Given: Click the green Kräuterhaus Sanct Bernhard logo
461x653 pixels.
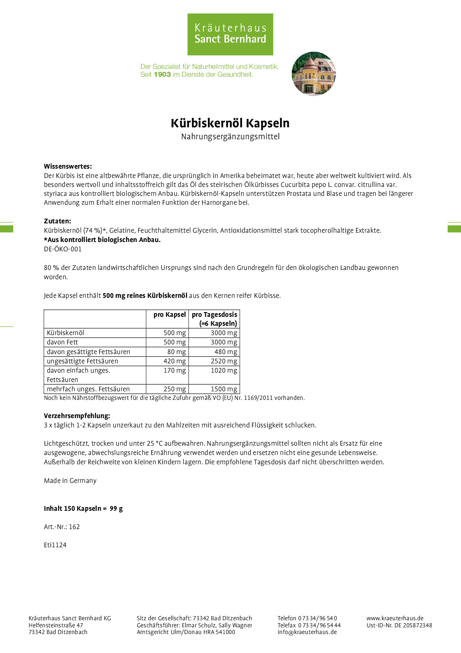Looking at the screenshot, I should [x=230, y=34].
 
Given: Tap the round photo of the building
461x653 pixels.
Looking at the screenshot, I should [x=314, y=74].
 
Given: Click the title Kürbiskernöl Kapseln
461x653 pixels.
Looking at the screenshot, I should [x=230, y=123].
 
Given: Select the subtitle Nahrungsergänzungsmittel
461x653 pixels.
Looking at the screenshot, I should [x=230, y=137].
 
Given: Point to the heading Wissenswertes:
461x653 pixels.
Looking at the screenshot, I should [x=68, y=166].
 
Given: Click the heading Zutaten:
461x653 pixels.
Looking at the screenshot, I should [x=57, y=221].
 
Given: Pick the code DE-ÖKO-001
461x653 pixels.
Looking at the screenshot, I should [x=62, y=249].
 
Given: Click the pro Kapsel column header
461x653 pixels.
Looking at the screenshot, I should [x=170, y=315].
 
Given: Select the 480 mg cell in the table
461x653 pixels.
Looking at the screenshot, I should [x=225, y=352].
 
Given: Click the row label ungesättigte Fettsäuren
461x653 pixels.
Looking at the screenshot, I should [x=83, y=361].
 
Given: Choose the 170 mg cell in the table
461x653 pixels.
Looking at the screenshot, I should [x=174, y=370].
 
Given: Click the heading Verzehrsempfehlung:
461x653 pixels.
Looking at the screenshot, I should [x=77, y=416].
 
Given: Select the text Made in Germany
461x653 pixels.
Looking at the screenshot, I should [x=70, y=481].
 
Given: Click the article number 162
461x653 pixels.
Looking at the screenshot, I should [x=74, y=527].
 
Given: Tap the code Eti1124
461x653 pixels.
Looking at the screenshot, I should [x=55, y=545].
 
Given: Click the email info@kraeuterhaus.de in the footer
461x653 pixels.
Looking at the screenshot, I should [x=307, y=632].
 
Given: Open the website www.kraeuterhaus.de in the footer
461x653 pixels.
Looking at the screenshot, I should [x=395, y=618].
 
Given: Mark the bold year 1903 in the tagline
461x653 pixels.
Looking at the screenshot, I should [x=162, y=74].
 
